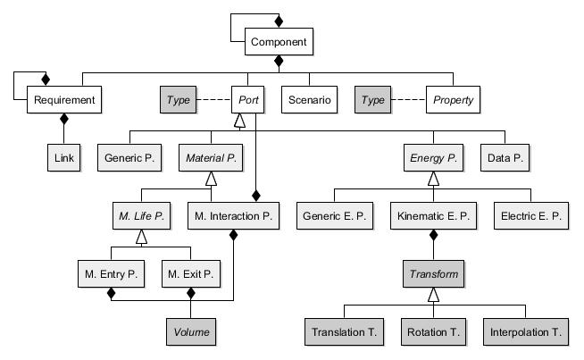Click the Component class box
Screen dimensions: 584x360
point(279,41)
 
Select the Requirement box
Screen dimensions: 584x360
point(64,99)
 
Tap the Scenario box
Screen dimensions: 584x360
point(309,99)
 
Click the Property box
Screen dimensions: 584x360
point(453,99)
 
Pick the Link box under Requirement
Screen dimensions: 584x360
point(63,157)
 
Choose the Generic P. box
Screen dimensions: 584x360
point(129,157)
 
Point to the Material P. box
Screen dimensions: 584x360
point(211,157)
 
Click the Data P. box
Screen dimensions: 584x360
point(505,157)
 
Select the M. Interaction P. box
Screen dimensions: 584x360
point(233,216)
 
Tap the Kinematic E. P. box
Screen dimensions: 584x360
point(433,216)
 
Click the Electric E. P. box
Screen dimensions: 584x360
point(531,216)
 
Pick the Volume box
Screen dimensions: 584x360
point(191,331)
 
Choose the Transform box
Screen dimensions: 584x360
point(433,273)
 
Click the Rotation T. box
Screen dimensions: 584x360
point(433,331)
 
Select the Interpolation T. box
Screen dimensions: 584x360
point(526,331)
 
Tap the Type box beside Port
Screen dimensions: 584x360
point(178,99)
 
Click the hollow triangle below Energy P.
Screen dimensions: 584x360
point(433,179)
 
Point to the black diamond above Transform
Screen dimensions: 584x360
point(433,235)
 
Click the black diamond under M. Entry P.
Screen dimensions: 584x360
point(111,293)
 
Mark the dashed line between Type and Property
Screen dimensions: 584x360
point(409,99)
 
